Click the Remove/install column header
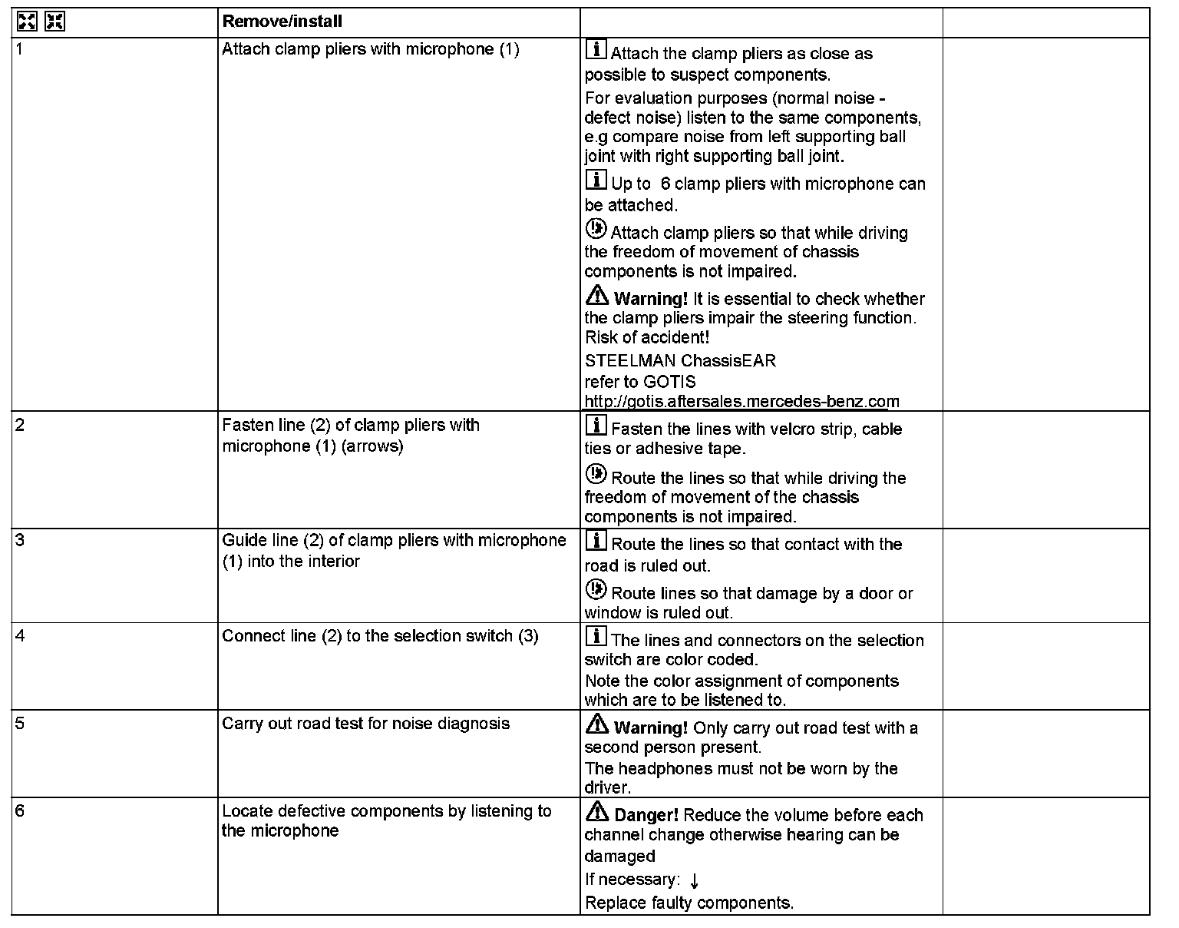pyautogui.click(x=282, y=22)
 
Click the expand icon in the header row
pyautogui.click(x=27, y=22)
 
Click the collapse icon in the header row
pyautogui.click(x=54, y=22)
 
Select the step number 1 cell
pyautogui.click(x=20, y=48)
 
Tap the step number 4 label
pyautogui.click(x=20, y=635)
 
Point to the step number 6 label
pyautogui.click(x=20, y=810)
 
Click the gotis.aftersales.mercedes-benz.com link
pyautogui.click(x=741, y=401)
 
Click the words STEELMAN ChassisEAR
pyautogui.click(x=680, y=360)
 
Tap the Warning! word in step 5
pyautogui.click(x=651, y=727)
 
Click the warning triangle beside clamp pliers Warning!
pyautogui.click(x=596, y=295)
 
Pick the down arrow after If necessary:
pyautogui.click(x=694, y=880)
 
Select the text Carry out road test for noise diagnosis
pyautogui.click(x=365, y=724)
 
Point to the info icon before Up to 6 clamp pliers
pyautogui.click(x=596, y=181)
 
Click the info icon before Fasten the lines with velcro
pyautogui.click(x=596, y=426)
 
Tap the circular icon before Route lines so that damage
pyautogui.click(x=596, y=590)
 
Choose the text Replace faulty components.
pyautogui.click(x=689, y=903)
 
